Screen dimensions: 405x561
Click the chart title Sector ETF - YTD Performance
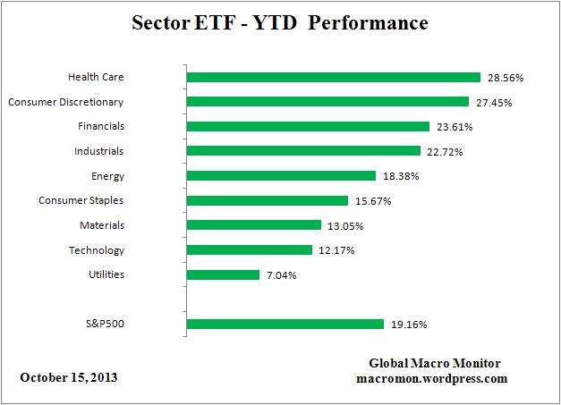280,21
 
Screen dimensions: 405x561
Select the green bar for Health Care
333,77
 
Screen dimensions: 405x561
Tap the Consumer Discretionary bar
327,102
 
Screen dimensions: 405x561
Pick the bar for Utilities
223,274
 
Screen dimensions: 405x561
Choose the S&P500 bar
285,324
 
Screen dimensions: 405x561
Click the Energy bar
281,176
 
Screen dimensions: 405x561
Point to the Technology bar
249,250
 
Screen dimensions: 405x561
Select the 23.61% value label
454,127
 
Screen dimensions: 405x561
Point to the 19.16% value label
408,325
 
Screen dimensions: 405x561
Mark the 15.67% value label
372,201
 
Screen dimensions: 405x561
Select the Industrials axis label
99,151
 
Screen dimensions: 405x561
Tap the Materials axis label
102,225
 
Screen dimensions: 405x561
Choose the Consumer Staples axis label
81,200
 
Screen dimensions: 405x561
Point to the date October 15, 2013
68,377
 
